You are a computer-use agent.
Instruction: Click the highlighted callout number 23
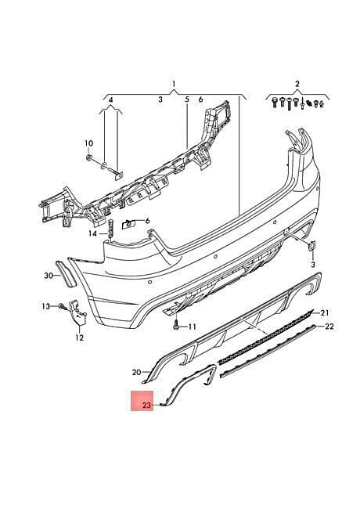coord(147,405)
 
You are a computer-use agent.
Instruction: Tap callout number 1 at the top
coord(174,84)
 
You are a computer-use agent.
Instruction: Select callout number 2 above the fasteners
coord(297,84)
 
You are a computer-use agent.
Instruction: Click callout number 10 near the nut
coord(88,143)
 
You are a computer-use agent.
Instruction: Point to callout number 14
coord(93,233)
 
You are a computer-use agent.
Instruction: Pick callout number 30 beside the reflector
coord(49,276)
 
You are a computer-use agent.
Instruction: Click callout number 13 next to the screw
coord(46,305)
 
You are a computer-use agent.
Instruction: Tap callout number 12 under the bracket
coord(80,338)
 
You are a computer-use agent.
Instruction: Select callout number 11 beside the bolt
coord(192,327)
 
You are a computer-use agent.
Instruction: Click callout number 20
coord(136,372)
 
